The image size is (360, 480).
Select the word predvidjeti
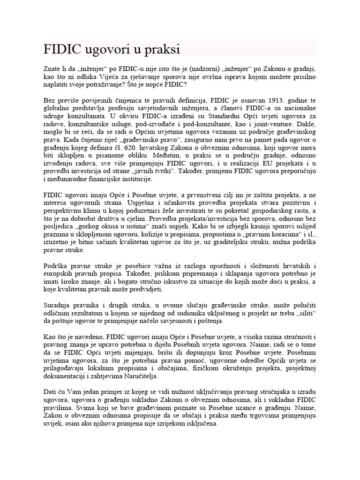tap(160, 289)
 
